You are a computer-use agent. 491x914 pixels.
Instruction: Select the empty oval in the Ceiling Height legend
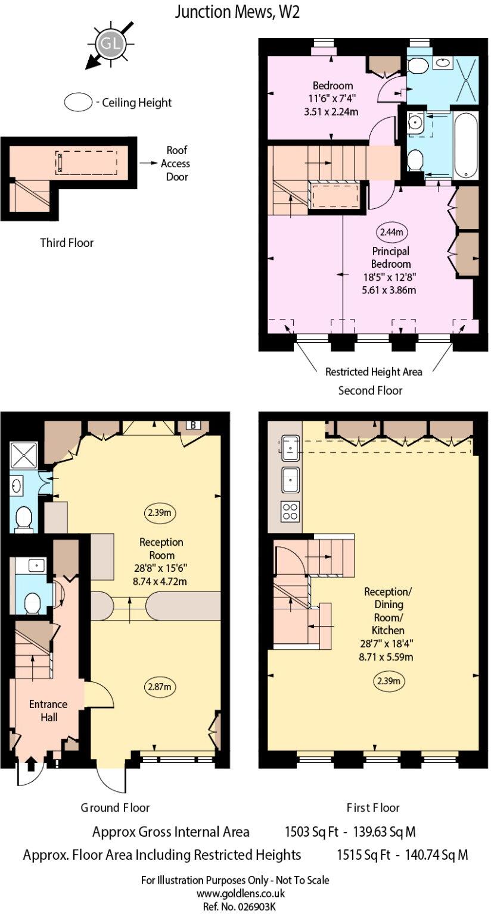(78, 102)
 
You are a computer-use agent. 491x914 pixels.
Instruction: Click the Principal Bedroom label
(390, 257)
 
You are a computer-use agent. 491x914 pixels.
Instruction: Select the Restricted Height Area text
(374, 372)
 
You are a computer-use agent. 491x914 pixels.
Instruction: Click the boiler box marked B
(193, 425)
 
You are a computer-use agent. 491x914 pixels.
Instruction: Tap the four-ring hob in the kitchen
(290, 512)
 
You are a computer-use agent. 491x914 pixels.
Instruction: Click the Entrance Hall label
(48, 710)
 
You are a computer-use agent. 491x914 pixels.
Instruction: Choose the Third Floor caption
(67, 243)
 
